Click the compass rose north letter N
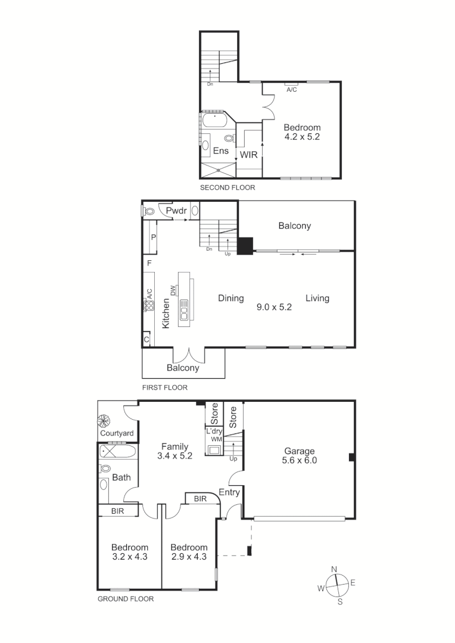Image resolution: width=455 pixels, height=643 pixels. pos(335,569)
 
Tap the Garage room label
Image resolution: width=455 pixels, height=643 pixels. pos(299,451)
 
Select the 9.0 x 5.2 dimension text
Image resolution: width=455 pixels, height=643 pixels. pos(274,307)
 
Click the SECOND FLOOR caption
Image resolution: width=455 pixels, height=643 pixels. pos(227,188)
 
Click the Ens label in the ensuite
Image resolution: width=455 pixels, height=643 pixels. pos(221,151)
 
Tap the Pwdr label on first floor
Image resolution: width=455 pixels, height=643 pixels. pos(177,211)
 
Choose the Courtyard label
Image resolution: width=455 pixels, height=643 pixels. pos(117,433)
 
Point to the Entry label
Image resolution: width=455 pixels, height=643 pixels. pos(229,492)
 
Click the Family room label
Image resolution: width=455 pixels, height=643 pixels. pos(174,447)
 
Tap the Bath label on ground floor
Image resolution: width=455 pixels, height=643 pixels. pos(121,477)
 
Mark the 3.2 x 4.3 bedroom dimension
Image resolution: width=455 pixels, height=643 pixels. pos(129,557)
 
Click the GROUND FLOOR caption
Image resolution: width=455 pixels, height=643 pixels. pos(125,600)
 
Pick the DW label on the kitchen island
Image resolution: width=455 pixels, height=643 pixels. pos(173,291)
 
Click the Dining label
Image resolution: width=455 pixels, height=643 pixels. pos(230,298)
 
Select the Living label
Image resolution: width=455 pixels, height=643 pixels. pos(317,298)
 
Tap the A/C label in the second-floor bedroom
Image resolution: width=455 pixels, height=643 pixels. pos(292,90)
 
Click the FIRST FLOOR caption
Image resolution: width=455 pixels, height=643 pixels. pos(164,388)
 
